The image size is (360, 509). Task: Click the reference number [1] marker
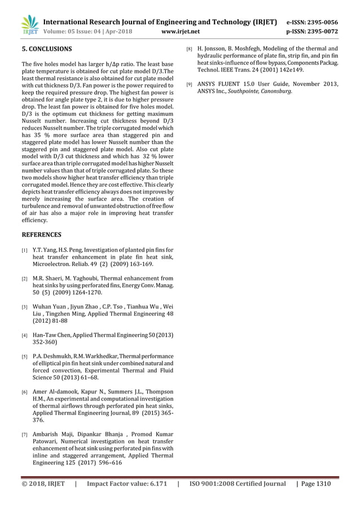pos(24,250)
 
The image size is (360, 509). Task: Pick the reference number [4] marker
pos(24,336)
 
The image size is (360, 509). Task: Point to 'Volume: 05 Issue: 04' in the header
pos(70,32)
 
